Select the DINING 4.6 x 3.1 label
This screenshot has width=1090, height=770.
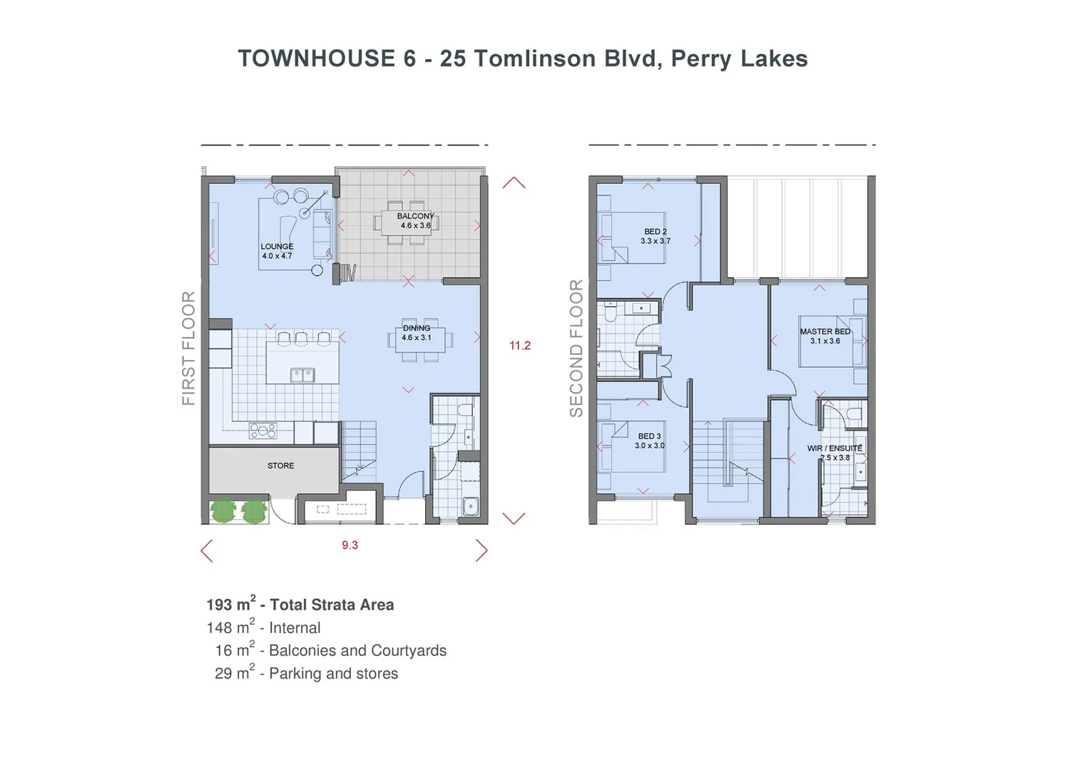click(416, 333)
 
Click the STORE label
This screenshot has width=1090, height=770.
click(280, 466)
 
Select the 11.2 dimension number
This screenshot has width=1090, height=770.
click(519, 346)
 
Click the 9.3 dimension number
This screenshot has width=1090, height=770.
click(350, 545)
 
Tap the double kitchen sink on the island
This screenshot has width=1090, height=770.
click(302, 375)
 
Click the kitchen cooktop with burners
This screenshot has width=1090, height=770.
click(263, 431)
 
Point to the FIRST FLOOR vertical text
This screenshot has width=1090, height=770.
click(188, 348)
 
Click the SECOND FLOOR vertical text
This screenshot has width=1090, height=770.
click(576, 348)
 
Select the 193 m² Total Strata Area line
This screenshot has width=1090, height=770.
click(300, 605)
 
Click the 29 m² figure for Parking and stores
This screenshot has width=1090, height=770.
click(233, 673)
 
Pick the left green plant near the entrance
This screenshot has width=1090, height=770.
click(223, 511)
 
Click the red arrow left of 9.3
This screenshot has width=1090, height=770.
click(207, 550)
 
